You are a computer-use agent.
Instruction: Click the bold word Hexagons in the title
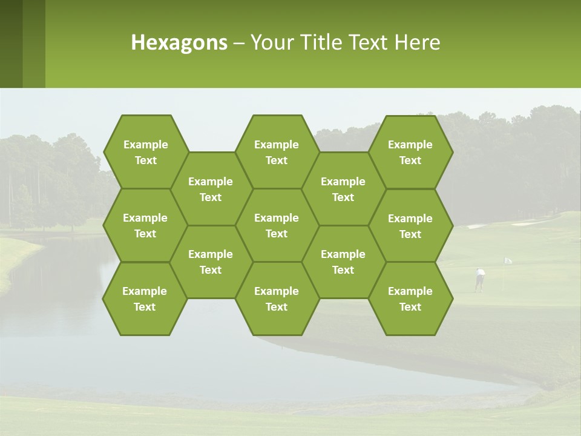click(179, 42)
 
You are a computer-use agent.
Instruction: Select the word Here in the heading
click(417, 42)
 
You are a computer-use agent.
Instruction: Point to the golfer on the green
click(480, 279)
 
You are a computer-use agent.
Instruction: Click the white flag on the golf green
click(508, 260)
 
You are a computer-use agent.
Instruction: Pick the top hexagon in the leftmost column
click(145, 152)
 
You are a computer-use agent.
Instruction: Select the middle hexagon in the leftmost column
click(145, 225)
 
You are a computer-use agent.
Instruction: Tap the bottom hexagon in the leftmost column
click(145, 299)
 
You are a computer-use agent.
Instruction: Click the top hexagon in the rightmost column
click(410, 152)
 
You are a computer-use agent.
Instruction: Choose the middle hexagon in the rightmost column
click(410, 226)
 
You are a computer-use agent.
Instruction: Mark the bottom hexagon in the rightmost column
click(410, 299)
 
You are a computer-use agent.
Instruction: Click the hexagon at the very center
click(277, 225)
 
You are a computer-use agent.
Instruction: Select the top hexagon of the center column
click(277, 152)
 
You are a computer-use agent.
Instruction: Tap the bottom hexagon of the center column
click(277, 299)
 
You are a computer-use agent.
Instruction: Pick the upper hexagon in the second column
click(211, 189)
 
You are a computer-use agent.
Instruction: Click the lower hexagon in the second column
click(211, 262)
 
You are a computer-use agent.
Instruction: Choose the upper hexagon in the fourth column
click(343, 189)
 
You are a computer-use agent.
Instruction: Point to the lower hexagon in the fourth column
click(343, 262)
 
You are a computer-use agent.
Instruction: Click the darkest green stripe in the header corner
click(11, 44)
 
